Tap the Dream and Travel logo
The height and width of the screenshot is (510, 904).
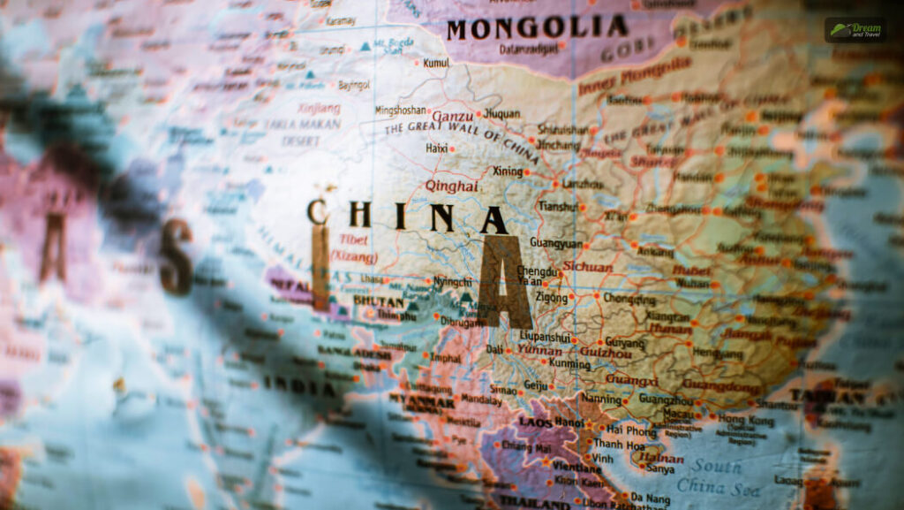855,30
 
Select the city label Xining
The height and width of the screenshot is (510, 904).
508,171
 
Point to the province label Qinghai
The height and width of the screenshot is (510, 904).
451,186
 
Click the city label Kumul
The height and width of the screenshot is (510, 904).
436,63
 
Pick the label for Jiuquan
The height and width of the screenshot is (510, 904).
503,113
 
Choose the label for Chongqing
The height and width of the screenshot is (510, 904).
629,299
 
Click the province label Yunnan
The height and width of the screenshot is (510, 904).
539,350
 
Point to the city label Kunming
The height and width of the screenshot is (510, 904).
569,362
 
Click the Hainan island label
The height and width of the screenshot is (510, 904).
660,459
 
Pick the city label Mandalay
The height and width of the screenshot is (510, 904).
482,399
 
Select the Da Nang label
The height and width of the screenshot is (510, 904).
647,499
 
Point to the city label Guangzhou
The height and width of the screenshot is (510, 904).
667,400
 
